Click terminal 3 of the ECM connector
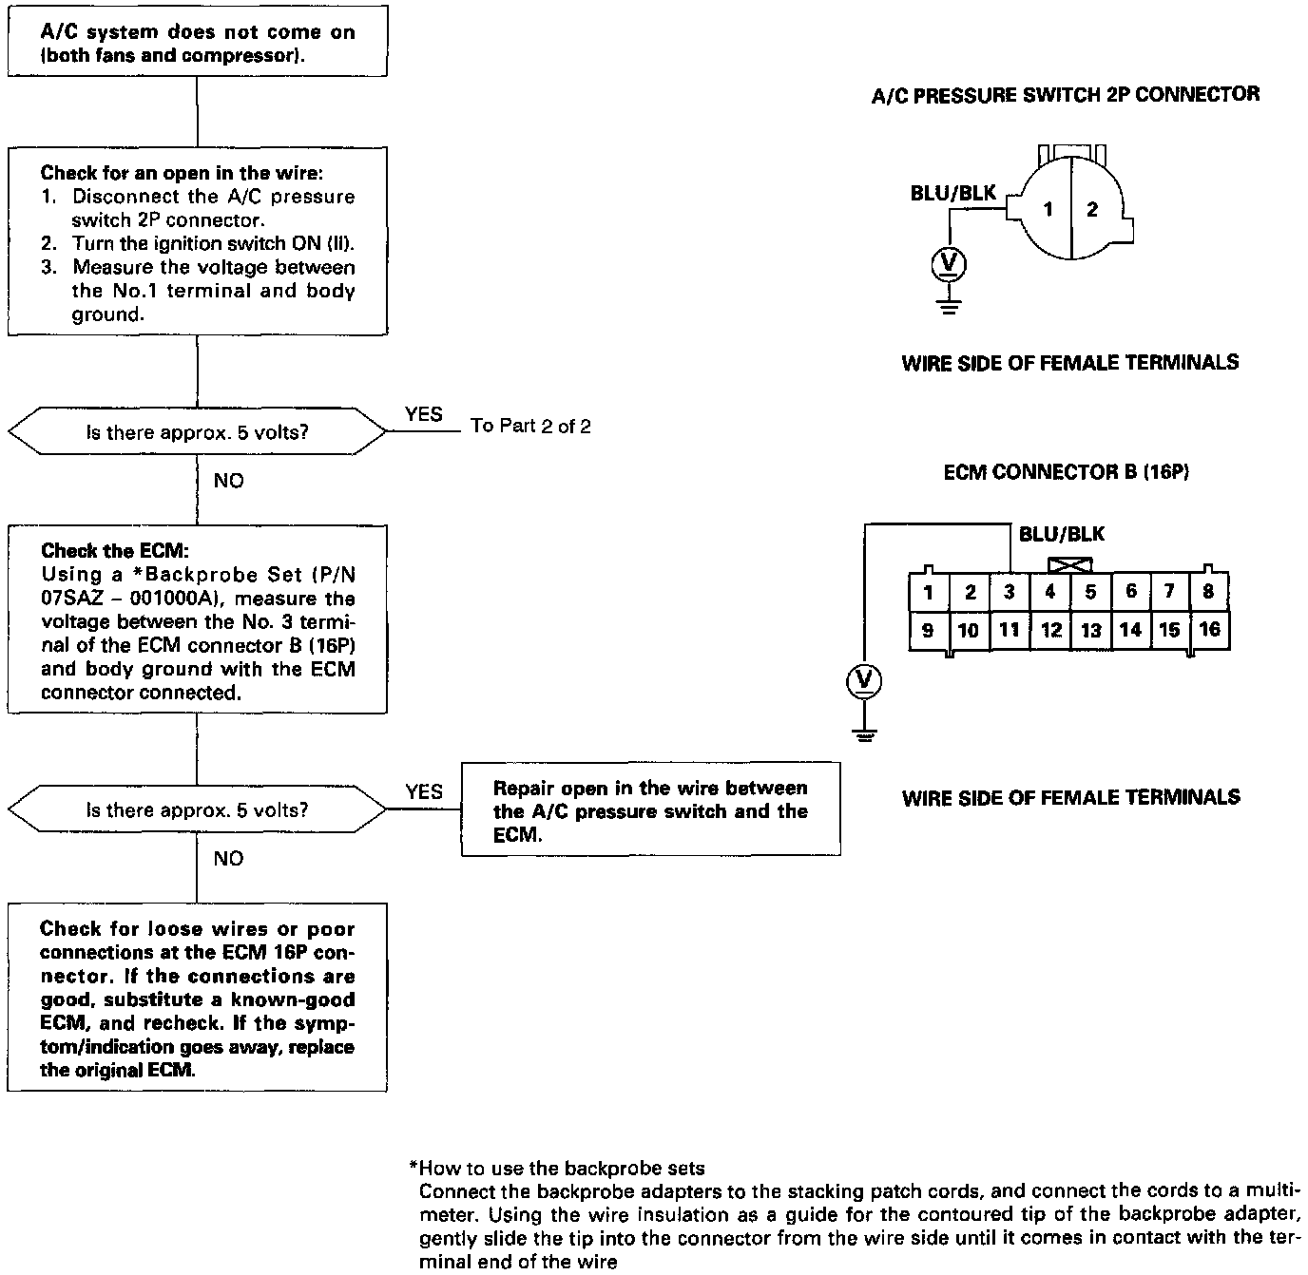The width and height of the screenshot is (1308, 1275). (x=1010, y=593)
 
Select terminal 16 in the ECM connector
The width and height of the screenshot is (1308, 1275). (x=1209, y=629)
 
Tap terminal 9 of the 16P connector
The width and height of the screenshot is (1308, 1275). (x=928, y=629)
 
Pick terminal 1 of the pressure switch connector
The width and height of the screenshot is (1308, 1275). (x=1048, y=209)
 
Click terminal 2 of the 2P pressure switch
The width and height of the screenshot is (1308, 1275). (x=1092, y=209)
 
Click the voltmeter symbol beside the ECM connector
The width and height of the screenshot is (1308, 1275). (x=864, y=680)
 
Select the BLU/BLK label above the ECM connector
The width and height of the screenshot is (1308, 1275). (x=1062, y=534)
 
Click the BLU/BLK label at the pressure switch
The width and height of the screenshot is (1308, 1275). (x=952, y=194)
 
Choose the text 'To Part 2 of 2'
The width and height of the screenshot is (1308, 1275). (x=530, y=427)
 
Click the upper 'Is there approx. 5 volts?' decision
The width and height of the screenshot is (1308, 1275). (x=197, y=432)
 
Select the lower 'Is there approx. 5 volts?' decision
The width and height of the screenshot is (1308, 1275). (x=197, y=810)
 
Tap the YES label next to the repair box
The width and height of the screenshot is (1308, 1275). (x=424, y=791)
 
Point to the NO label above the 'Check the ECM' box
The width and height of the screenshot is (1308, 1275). (x=228, y=481)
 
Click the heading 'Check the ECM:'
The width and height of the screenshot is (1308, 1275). (x=88, y=551)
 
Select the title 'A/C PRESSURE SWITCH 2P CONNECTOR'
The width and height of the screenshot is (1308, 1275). (x=1066, y=95)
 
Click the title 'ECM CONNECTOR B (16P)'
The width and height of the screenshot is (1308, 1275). (x=1066, y=472)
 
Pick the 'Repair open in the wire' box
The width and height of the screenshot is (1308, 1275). (x=650, y=810)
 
